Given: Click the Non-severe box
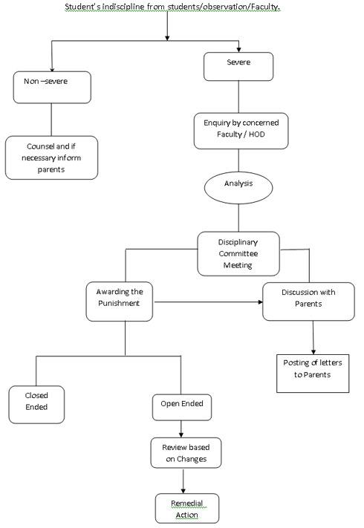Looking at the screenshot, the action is tap(52, 87).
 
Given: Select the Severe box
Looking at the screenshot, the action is tap(238, 67).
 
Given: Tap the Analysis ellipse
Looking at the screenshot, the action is tap(238, 188).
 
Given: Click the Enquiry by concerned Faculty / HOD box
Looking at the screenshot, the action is tap(241, 131).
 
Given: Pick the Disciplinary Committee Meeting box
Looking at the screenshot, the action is tap(238, 254).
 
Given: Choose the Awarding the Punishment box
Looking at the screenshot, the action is tap(120, 302).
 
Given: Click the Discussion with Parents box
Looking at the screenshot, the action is tap(308, 302).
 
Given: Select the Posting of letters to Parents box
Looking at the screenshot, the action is tap(313, 374).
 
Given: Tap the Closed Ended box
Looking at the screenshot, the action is tap(36, 405).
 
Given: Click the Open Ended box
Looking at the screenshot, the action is tap(182, 408).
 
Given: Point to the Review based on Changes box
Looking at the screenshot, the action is tap(186, 453).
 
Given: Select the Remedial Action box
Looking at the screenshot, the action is tap(187, 509).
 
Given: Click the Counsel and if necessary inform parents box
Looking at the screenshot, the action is tap(51, 157).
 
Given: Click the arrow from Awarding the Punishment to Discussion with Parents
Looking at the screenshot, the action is tap(209, 302).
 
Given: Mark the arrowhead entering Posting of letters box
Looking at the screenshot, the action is tap(313, 352).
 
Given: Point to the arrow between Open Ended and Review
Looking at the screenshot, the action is tap(181, 429).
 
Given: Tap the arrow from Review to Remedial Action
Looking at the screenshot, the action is tap(183, 481).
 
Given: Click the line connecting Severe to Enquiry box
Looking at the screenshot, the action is tap(238, 97).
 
